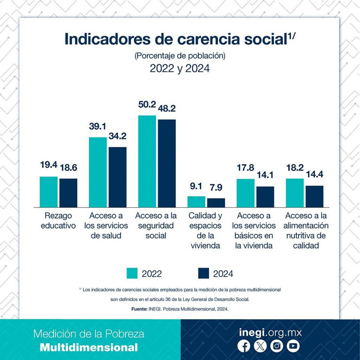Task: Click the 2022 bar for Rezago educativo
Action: pyautogui.click(x=49, y=192)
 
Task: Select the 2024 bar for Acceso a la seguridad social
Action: pyautogui.click(x=167, y=163)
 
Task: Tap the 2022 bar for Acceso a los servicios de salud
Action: pyautogui.click(x=98, y=172)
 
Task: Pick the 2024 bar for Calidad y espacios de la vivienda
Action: pyautogui.click(x=216, y=202)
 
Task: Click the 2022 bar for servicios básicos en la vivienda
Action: pyautogui.click(x=245, y=193)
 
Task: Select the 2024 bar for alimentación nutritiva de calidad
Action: pyautogui.click(x=314, y=196)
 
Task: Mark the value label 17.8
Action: pyautogui.click(x=245, y=168)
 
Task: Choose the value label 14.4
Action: pyautogui.click(x=314, y=174)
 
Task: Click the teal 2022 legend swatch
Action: pyautogui.click(x=132, y=274)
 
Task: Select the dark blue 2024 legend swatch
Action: pyautogui.click(x=203, y=274)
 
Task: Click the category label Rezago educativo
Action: pyautogui.click(x=58, y=220)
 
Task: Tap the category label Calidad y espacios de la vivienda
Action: pyautogui.click(x=206, y=230)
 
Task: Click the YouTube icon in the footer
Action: pyautogui.click(x=292, y=346)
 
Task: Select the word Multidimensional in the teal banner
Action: pyautogui.click(x=89, y=348)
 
